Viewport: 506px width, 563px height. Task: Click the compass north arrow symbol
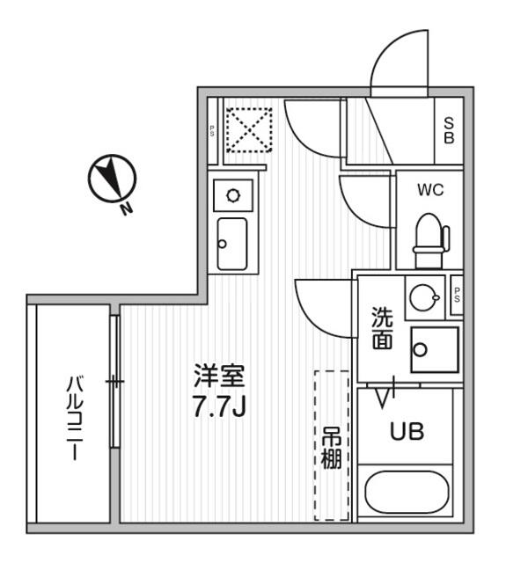(112, 178)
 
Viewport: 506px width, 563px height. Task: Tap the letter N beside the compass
(126, 208)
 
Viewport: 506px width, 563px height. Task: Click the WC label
(430, 190)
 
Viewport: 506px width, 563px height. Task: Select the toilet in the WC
(431, 240)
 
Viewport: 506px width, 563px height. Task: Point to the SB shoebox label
(449, 131)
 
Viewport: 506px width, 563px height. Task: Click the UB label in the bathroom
(407, 431)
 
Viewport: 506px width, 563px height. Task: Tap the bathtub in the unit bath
(407, 493)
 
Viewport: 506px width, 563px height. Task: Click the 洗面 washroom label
(382, 328)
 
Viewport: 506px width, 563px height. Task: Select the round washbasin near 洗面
(425, 297)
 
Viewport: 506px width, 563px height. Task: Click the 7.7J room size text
(219, 406)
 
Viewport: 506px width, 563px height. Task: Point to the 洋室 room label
(219, 376)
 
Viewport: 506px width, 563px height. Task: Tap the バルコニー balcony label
(75, 418)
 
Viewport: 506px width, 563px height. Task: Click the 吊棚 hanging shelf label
(331, 448)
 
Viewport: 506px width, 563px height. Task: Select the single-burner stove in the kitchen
(233, 195)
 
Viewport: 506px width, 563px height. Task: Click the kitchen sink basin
(232, 244)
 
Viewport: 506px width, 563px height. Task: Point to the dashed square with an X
(248, 130)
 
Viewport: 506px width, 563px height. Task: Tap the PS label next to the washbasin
(457, 295)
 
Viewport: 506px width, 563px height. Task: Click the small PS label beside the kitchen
(213, 131)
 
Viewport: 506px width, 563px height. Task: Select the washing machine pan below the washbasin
(435, 349)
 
